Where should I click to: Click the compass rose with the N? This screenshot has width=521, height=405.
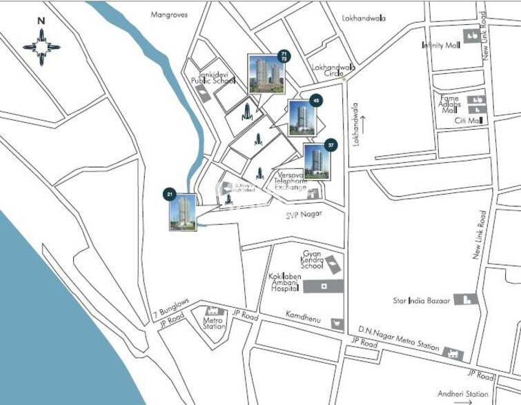(x=41, y=46)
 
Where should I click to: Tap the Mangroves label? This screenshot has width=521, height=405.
(x=169, y=14)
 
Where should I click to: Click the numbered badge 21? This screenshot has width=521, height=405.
(x=170, y=195)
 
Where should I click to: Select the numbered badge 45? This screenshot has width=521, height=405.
(x=316, y=101)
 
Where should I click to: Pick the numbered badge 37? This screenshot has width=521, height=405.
(x=331, y=146)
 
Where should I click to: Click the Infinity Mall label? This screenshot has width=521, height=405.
(x=441, y=46)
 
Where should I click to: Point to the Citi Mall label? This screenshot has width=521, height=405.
(x=466, y=121)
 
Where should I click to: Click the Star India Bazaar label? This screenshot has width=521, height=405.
(x=421, y=301)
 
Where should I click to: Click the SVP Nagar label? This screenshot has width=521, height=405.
(x=305, y=215)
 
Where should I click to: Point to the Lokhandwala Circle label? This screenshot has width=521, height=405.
(x=333, y=71)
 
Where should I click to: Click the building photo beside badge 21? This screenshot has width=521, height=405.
(x=183, y=212)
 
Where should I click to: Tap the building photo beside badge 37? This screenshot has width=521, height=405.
(x=317, y=162)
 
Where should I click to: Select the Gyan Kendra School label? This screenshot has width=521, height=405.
(x=312, y=259)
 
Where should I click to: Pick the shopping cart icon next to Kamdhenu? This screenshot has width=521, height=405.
(x=336, y=324)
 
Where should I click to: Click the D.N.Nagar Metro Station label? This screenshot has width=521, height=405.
(x=398, y=339)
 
